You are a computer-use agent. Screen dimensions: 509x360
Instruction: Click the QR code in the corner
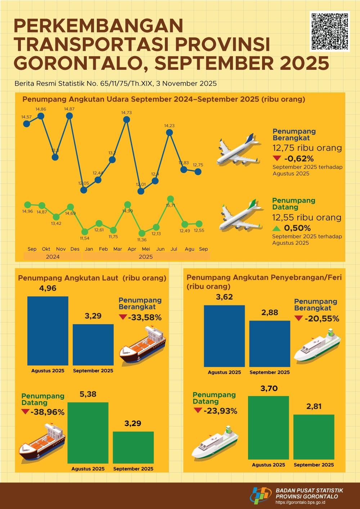[329, 31]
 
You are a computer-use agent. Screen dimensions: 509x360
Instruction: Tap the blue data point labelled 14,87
[69, 116]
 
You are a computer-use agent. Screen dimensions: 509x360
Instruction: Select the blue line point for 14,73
[126, 119]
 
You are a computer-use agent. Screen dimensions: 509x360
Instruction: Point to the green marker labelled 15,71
[171, 199]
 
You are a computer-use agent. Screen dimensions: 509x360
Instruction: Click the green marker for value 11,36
[142, 233]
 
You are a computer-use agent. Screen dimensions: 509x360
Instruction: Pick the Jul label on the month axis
[174, 249]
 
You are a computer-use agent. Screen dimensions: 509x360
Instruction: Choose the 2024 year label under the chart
[53, 256]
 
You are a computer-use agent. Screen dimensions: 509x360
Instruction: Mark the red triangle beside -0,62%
[277, 158]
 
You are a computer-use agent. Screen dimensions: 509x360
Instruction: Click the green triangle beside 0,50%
[276, 228]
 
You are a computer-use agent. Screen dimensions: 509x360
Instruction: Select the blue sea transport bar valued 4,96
[48, 331]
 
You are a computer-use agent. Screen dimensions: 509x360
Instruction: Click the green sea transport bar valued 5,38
[88, 433]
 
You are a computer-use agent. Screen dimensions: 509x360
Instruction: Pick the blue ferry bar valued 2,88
[270, 344]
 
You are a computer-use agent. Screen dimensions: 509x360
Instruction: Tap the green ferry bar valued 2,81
[314, 437]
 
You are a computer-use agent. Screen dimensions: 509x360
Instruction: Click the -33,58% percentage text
[145, 318]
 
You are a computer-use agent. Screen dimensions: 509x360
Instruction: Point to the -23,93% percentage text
[220, 411]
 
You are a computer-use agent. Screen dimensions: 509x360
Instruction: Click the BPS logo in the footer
[260, 495]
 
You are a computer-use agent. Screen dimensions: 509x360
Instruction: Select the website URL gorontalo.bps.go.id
[300, 503]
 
